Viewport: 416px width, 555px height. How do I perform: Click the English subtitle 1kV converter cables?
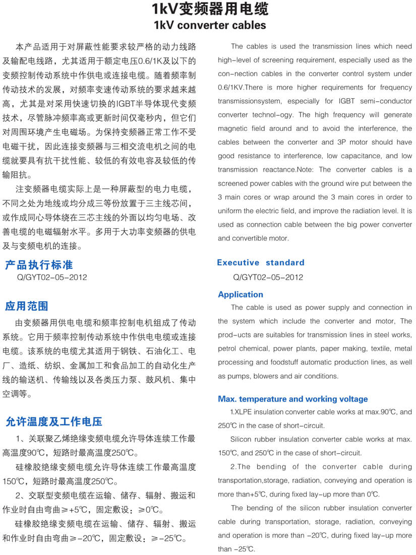tap(210, 25)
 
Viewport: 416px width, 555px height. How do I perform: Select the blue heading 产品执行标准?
tap(39, 264)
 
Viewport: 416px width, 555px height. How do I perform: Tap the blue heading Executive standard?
tap(261, 262)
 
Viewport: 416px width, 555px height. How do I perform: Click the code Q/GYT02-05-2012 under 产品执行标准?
tap(52, 277)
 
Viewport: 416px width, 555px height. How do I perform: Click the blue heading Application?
tap(241, 295)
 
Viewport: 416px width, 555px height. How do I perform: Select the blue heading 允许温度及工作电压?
tap(53, 421)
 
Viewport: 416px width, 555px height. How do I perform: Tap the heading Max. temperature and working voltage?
tap(292, 399)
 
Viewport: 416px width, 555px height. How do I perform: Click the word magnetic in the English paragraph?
tap(233, 128)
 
